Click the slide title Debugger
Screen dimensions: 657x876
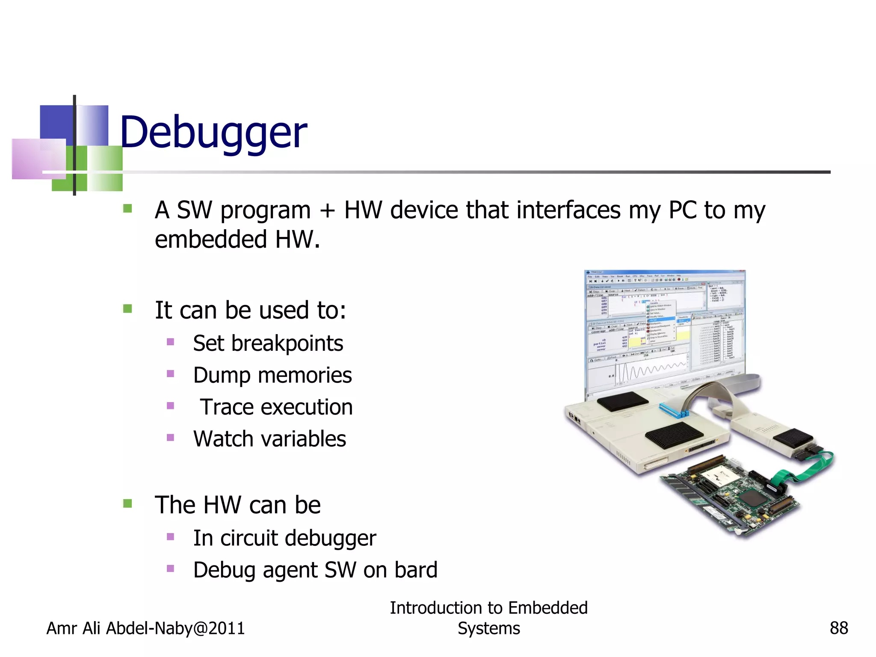point(213,133)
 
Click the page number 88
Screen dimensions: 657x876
point(838,628)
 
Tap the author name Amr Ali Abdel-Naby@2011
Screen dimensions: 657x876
point(145,628)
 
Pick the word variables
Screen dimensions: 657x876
point(301,439)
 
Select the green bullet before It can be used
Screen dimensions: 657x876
point(127,308)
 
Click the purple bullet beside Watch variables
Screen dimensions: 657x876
point(170,438)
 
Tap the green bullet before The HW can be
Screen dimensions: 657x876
point(127,503)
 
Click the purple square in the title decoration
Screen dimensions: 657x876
point(38,159)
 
